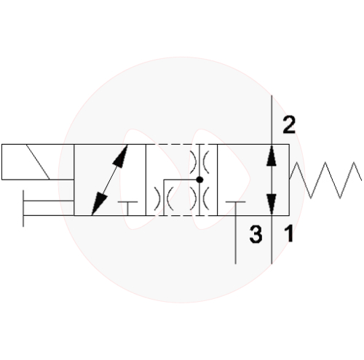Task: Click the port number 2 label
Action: click(289, 125)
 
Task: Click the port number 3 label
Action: click(256, 234)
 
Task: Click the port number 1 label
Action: click(288, 233)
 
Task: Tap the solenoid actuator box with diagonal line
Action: click(38, 162)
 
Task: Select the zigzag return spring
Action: click(325, 180)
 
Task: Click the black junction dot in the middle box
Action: click(199, 180)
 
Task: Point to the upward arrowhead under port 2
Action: click(272, 156)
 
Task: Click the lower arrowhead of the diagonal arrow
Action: click(99, 203)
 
